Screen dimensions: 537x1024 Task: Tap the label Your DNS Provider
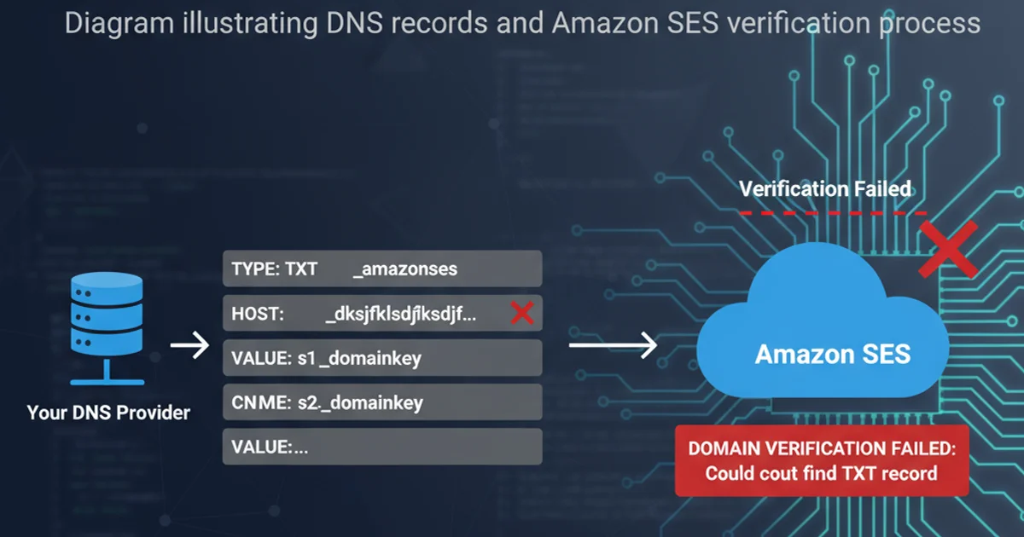tap(108, 413)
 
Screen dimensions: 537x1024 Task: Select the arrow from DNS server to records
tap(189, 346)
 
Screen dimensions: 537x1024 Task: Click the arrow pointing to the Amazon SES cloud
tap(613, 345)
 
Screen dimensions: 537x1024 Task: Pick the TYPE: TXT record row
tap(381, 268)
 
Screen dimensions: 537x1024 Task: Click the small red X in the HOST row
tap(521, 314)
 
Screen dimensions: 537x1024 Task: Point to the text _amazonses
tap(404, 269)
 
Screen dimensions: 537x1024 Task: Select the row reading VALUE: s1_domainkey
tap(381, 358)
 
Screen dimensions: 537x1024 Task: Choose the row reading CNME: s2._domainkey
tap(381, 402)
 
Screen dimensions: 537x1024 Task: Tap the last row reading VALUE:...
tap(381, 447)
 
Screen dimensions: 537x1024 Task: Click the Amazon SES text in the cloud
tap(832, 354)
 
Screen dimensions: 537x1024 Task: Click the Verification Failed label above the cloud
tap(825, 188)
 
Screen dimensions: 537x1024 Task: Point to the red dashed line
tap(832, 212)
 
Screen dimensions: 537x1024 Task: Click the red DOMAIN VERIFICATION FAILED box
tap(822, 460)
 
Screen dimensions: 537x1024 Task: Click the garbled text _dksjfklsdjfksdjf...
tap(400, 314)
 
